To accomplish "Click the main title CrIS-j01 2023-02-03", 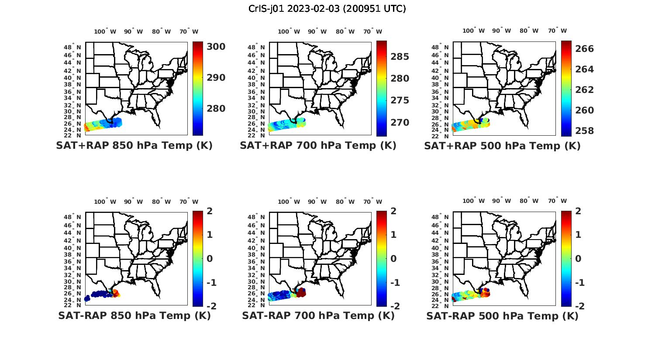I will coord(327,9).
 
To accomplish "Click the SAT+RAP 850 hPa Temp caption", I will coord(134,146).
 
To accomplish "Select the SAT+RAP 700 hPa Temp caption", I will coord(318,146).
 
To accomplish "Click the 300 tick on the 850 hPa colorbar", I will coord(216,47).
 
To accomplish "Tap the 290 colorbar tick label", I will coord(216,78).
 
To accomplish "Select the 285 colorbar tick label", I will coord(400,57).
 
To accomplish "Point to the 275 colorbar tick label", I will coord(400,100).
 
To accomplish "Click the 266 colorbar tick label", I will coord(584,49).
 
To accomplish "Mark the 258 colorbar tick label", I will coord(584,131).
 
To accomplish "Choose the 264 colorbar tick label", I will coord(584,69).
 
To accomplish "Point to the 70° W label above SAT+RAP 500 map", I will coord(557,31).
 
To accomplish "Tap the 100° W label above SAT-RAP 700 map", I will coord(289,202).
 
